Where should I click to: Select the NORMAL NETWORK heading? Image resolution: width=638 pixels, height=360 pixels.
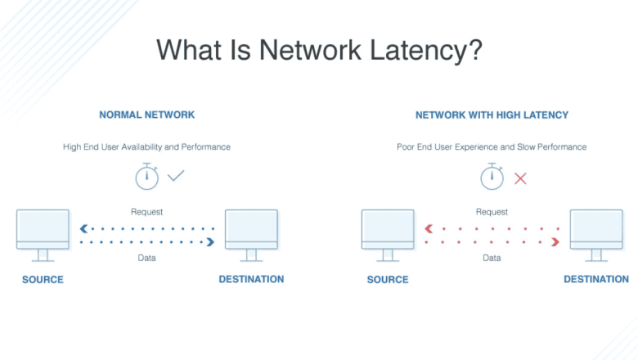tap(146, 115)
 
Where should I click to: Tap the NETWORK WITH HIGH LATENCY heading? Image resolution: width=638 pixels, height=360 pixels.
tap(492, 115)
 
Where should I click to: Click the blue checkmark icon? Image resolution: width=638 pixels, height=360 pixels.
tap(176, 176)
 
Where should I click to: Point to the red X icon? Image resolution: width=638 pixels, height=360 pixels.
tap(520, 178)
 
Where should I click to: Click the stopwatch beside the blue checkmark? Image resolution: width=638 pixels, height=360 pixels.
tap(146, 176)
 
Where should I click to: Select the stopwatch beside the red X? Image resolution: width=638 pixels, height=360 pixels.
tap(492, 176)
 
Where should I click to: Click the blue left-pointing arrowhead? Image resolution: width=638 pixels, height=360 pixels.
tap(83, 229)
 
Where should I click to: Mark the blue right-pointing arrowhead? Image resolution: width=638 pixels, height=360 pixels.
tap(210, 242)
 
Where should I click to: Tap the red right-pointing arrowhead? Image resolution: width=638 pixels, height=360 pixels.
tap(555, 242)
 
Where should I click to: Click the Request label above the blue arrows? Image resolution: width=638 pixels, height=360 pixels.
tap(146, 212)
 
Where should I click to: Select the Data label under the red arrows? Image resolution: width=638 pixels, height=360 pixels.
tap(492, 258)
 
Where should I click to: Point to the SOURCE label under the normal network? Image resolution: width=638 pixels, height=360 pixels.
tap(43, 280)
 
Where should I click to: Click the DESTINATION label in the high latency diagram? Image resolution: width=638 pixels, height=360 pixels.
tap(596, 279)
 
